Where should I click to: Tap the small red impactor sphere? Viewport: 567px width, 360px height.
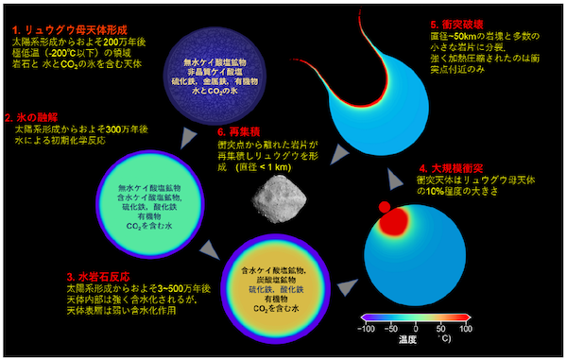pyautogui.click(x=385, y=207)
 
